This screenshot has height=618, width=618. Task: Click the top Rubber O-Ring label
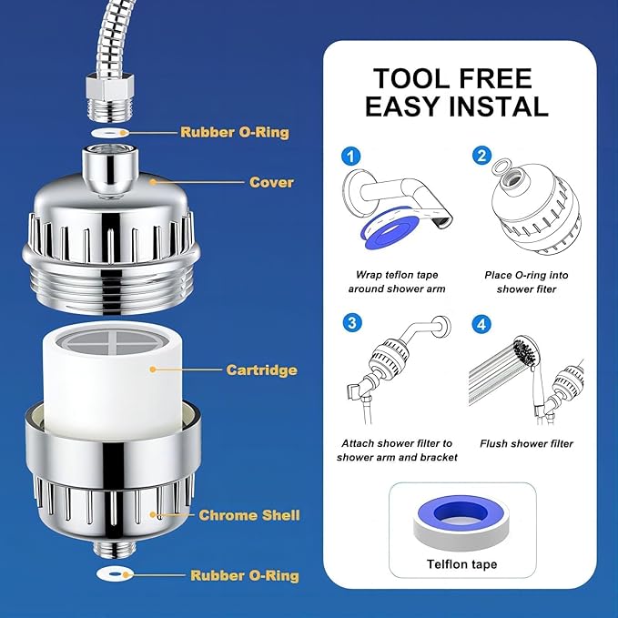234,132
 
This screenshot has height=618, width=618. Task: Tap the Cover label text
271,182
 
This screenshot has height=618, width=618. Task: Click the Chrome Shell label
249,515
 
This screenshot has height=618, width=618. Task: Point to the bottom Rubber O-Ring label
244,575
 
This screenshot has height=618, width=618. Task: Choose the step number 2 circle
482,156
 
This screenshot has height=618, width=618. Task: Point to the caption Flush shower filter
527,443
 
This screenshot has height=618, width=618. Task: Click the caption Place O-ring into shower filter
526,281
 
